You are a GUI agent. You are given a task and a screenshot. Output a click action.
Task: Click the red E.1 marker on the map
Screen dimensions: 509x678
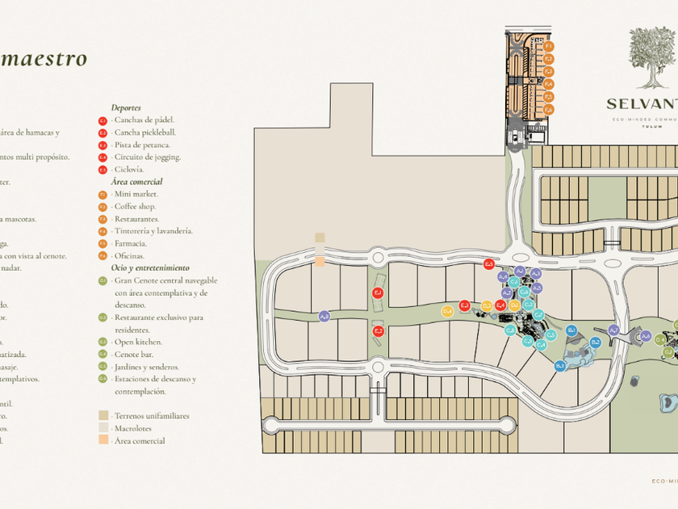pos(377,292)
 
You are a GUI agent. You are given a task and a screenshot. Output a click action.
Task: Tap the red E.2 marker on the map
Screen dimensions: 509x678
pos(377,331)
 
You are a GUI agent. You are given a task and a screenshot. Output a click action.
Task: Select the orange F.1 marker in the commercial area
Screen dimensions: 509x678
pos(548,47)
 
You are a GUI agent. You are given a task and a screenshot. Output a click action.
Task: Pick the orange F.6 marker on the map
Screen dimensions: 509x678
pos(548,110)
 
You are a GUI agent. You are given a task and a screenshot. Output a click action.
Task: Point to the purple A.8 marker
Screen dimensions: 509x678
pos(324,316)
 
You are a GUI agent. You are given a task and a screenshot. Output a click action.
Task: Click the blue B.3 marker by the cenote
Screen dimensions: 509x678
pos(560,366)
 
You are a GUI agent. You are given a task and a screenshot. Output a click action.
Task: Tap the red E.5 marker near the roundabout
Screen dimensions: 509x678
pos(488,264)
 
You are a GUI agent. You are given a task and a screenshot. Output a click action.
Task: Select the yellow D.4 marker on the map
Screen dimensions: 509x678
pos(447,311)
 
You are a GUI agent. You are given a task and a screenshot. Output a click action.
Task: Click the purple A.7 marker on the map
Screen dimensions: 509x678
pos(613,330)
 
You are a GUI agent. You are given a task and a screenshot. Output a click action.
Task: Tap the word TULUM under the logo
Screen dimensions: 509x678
pos(646,126)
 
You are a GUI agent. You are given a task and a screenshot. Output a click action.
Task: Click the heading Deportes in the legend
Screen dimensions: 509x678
pos(126,107)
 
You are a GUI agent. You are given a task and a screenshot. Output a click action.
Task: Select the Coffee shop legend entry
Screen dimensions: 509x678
pos(135,206)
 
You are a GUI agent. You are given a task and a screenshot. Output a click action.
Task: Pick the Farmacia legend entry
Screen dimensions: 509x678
pos(130,243)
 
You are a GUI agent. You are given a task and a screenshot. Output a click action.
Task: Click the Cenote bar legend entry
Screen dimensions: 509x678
pos(133,354)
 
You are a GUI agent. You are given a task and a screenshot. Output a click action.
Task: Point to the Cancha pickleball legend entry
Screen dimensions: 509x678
pos(144,133)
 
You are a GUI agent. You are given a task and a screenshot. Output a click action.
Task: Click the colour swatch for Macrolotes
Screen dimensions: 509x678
pos(103,428)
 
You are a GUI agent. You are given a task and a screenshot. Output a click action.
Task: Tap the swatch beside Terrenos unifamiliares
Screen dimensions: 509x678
pos(103,416)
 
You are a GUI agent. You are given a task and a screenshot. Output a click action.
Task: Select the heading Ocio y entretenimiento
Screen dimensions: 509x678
pos(150,267)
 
